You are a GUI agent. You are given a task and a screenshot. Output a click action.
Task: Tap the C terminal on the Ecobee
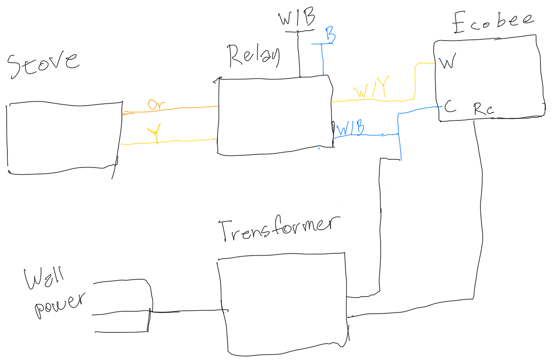tap(449, 107)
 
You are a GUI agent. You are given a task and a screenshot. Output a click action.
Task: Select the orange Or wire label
tap(156, 104)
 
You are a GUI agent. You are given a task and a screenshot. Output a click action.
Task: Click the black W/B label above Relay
tap(297, 19)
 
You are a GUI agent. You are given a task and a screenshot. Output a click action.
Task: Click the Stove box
tap(63, 138)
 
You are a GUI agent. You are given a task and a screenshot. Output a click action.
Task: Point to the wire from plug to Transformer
tap(186, 311)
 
